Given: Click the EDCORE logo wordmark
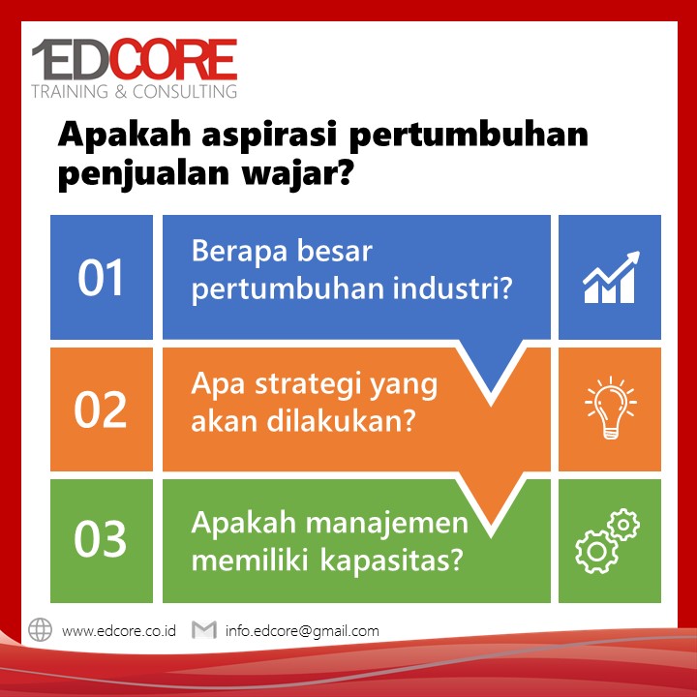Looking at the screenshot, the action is pyautogui.click(x=135, y=59).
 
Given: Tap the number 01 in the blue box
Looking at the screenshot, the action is pyautogui.click(x=101, y=278).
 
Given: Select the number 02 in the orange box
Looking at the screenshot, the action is pyautogui.click(x=101, y=409).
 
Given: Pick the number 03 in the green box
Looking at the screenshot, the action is pyautogui.click(x=101, y=538).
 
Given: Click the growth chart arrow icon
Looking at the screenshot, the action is pyautogui.click(x=611, y=277).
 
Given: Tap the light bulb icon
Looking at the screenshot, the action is pyautogui.click(x=611, y=408).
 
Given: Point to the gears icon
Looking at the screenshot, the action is pyautogui.click(x=607, y=540).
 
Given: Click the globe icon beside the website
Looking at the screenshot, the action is pyautogui.click(x=40, y=630).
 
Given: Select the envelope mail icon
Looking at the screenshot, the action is pyautogui.click(x=204, y=630).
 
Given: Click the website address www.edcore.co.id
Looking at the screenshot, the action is pyautogui.click(x=119, y=631).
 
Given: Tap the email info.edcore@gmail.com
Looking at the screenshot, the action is pyautogui.click(x=302, y=631).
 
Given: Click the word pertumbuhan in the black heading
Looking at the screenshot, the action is pyautogui.click(x=469, y=135).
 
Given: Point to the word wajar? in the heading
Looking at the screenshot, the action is pyautogui.click(x=298, y=173).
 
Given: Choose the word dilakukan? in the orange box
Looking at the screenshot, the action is pyautogui.click(x=341, y=420).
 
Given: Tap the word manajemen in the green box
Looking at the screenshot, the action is pyautogui.click(x=387, y=523).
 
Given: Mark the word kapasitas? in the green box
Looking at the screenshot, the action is pyautogui.click(x=392, y=561).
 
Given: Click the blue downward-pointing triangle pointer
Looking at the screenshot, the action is pyautogui.click(x=491, y=365).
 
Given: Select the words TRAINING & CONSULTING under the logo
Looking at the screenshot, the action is pyautogui.click(x=135, y=91).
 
